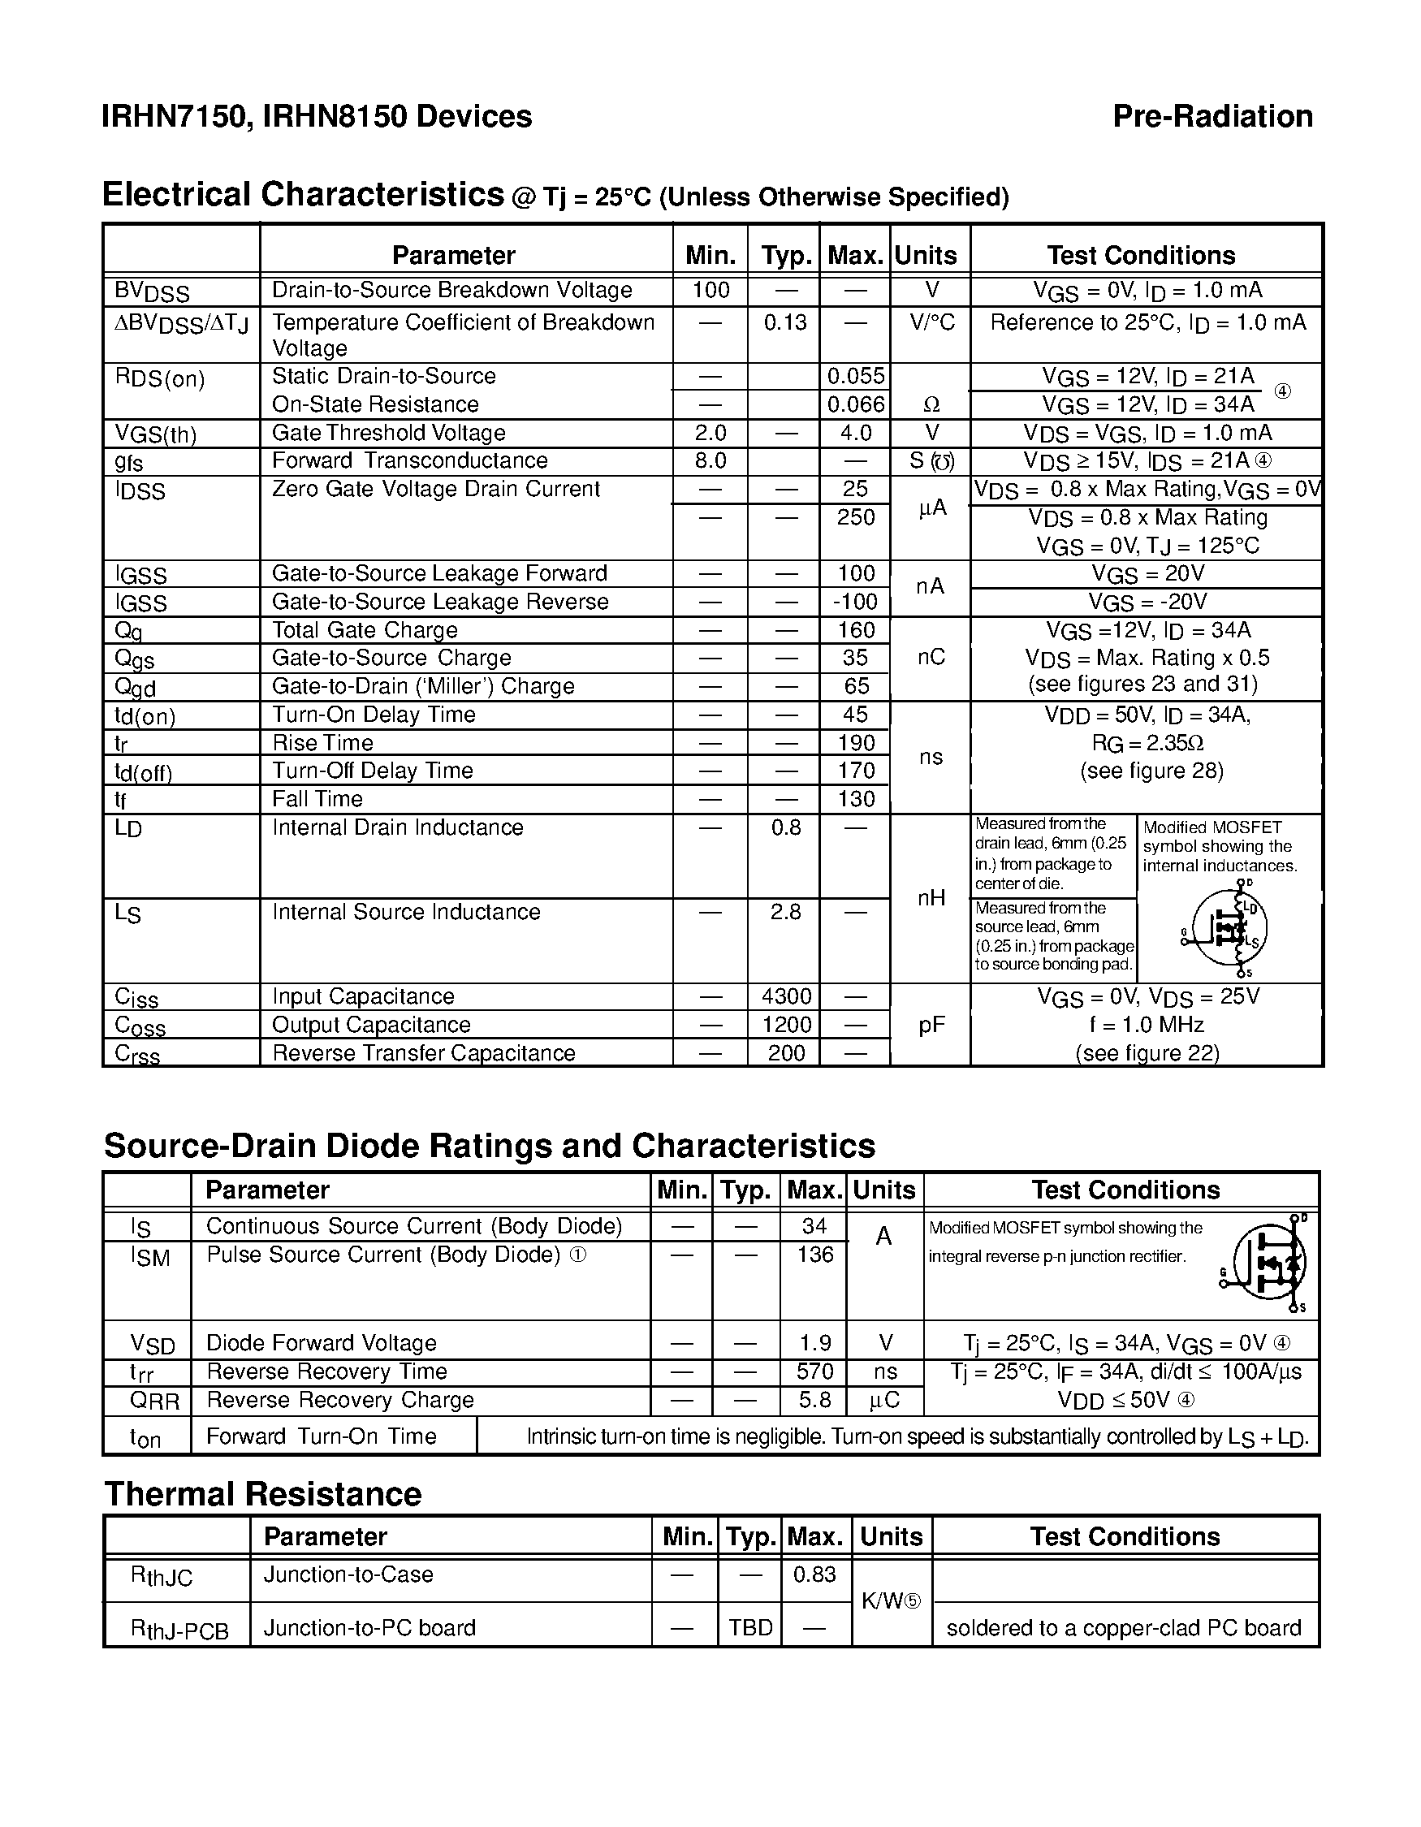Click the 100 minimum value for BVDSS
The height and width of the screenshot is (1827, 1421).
[711, 290]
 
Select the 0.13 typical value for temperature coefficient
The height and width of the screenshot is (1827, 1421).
[784, 322]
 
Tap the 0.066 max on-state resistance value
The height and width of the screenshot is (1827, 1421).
[855, 404]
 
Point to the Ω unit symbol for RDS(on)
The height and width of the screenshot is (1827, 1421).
[931, 405]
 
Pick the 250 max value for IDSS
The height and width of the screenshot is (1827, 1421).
[856, 517]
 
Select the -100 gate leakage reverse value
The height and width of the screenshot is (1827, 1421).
[855, 602]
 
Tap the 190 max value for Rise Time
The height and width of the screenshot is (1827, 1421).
[856, 743]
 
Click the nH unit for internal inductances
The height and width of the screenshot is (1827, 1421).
[931, 898]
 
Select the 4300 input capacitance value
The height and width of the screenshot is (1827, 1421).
[786, 996]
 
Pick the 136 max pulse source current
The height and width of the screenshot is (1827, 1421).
[814, 1255]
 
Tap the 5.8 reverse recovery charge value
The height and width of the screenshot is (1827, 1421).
[814, 1400]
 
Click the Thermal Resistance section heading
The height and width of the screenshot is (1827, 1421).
[262, 1494]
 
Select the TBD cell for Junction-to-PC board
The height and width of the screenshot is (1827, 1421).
[750, 1627]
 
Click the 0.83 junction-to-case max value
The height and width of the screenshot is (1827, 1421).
[814, 1574]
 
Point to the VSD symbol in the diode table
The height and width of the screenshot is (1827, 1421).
[153, 1344]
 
